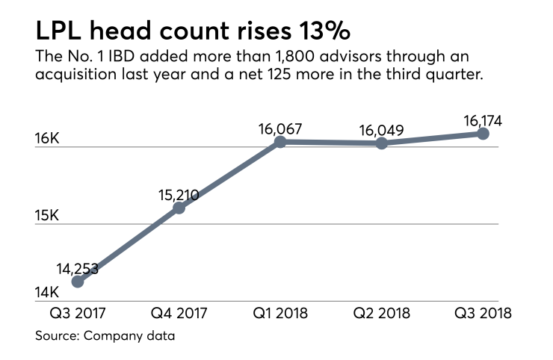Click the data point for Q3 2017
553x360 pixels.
[x=78, y=282]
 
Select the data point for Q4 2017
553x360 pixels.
[x=179, y=208]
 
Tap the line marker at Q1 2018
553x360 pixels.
[x=280, y=141]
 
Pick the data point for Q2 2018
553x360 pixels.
[x=382, y=143]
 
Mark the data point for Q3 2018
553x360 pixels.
[x=483, y=133]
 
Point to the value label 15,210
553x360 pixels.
[x=179, y=196]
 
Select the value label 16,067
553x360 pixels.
[x=280, y=128]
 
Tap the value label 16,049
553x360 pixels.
[x=382, y=131]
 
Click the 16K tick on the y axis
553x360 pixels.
[x=46, y=139]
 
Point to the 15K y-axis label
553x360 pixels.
[x=46, y=216]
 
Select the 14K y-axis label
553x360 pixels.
[x=46, y=293]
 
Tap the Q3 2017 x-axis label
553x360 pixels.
[x=78, y=313]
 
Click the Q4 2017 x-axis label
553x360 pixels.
[x=179, y=313]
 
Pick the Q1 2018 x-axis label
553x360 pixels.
[x=280, y=313]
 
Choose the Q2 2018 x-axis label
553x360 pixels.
[x=382, y=313]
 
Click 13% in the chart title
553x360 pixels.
[x=324, y=32]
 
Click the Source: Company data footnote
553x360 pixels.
[x=105, y=337]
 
